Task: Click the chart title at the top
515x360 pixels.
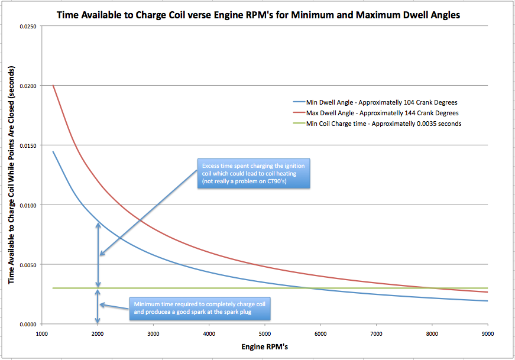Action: (x=258, y=15)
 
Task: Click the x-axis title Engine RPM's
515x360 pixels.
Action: (x=264, y=346)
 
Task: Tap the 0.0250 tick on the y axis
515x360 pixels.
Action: (x=27, y=27)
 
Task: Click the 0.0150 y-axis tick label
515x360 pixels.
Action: (x=27, y=145)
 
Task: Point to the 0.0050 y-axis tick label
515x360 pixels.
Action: (x=27, y=265)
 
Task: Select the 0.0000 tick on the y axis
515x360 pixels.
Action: (x=27, y=325)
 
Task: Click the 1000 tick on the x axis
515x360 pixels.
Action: (x=41, y=334)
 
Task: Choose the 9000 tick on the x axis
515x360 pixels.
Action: (x=487, y=334)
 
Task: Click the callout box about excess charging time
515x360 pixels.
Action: (x=255, y=174)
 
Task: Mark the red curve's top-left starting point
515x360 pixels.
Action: (x=53, y=85)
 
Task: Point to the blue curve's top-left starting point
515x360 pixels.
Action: (x=53, y=152)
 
